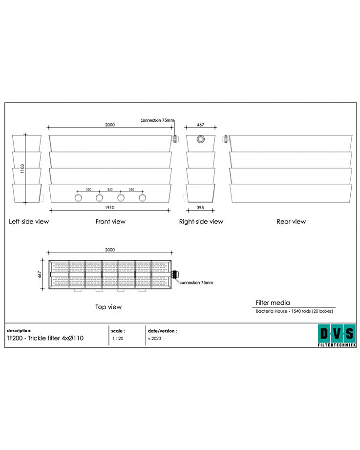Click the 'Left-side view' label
click(29, 221)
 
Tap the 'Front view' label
click(110, 221)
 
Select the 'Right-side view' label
click(201, 221)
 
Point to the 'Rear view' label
click(291, 221)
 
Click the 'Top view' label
click(108, 307)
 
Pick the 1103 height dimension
click(22, 168)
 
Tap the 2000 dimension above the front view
click(110, 125)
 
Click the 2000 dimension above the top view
click(110, 250)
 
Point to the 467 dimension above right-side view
click(200, 125)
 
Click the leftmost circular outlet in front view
click(78, 197)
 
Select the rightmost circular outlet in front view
click(143, 197)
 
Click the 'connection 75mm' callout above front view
click(157, 120)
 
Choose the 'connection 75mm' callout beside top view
click(196, 282)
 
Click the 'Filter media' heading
click(273, 303)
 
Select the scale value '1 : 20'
click(117, 338)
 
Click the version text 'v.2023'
click(154, 338)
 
